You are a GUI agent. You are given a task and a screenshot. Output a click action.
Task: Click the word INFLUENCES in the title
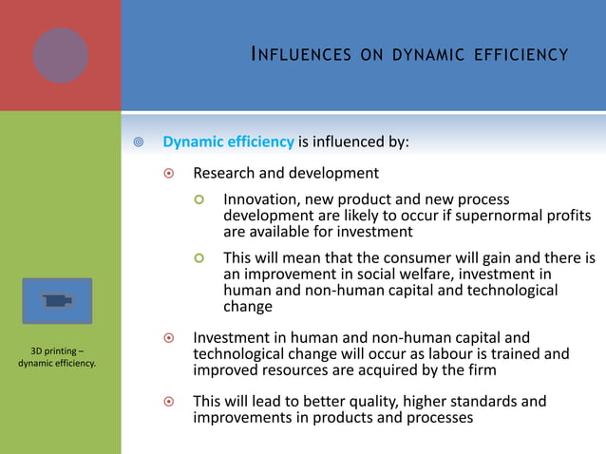point(287,54)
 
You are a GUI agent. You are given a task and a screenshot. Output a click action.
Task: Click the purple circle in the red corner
point(61,55)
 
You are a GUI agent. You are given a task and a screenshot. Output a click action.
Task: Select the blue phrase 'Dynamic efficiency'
point(228,142)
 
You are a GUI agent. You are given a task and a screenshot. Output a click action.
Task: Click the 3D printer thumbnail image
point(58,301)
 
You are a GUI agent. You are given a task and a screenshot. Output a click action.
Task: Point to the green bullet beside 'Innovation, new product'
point(199,200)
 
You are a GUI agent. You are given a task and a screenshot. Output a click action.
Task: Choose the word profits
point(561,216)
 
